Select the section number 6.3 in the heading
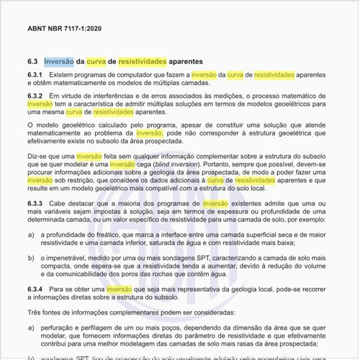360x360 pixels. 33,61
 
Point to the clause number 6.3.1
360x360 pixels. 36,75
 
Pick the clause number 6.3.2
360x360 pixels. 36,96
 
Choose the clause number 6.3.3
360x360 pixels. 36,204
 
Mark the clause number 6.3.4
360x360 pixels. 36,289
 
